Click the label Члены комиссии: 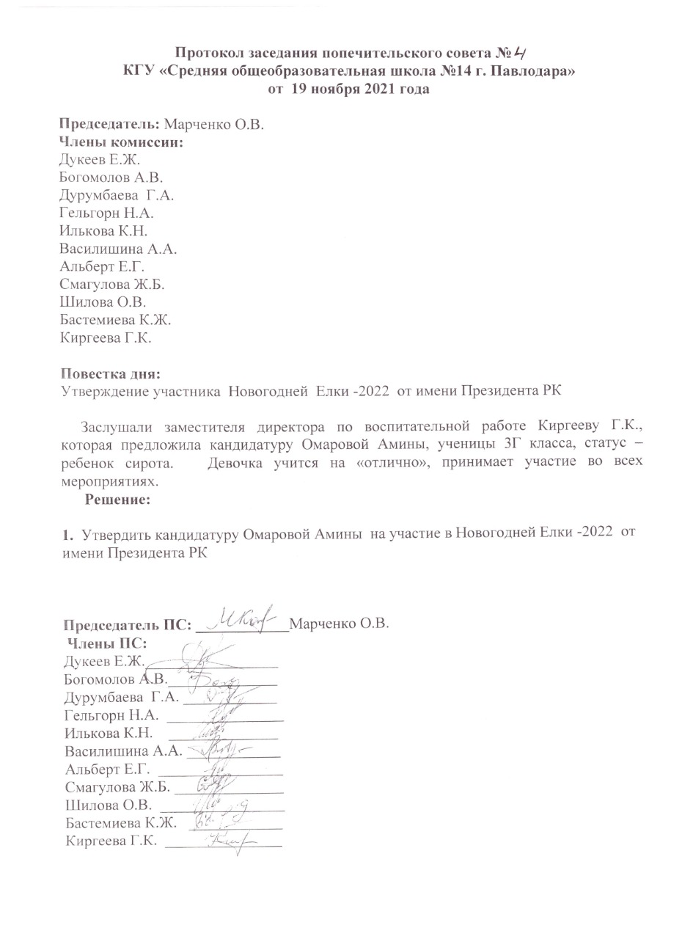click(x=121, y=142)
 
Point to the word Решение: click(x=118, y=500)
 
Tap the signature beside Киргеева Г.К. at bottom click(x=229, y=841)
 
